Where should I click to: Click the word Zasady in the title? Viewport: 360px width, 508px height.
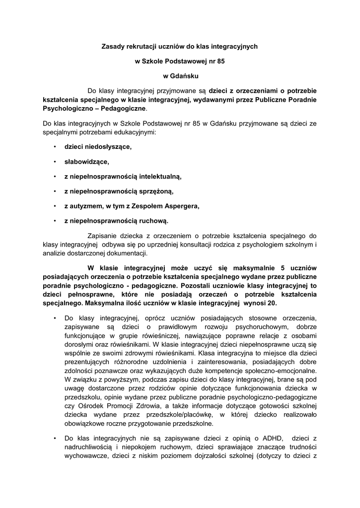click(113, 47)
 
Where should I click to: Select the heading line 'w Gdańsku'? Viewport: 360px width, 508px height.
click(181, 76)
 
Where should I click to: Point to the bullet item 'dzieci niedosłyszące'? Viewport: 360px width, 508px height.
click(98, 147)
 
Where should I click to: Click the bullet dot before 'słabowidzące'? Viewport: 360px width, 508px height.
click(54, 162)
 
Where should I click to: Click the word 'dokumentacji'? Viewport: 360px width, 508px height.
click(128, 254)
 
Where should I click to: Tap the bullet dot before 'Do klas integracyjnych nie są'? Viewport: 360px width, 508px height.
click(54, 439)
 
